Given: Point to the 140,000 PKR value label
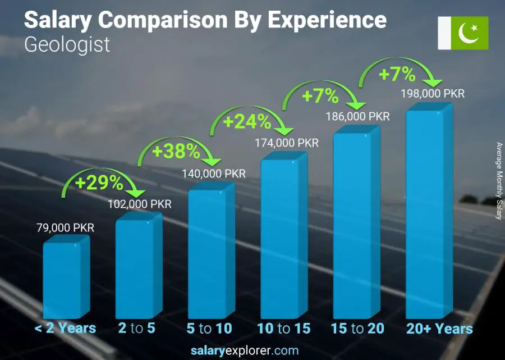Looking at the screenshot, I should (214, 174).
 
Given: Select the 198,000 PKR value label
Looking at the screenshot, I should (433, 94).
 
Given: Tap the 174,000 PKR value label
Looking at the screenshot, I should (287, 143).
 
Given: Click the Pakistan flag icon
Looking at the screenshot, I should (463, 33).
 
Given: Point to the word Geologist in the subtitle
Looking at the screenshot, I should (67, 44).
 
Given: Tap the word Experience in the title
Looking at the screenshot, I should (327, 20).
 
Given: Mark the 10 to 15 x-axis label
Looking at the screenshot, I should (283, 329).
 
